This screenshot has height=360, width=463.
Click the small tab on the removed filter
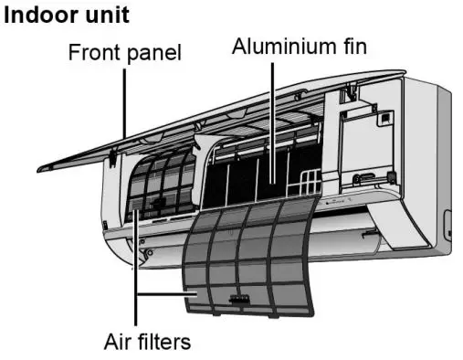coord(240,298)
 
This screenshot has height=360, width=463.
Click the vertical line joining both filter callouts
coord(135,265)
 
